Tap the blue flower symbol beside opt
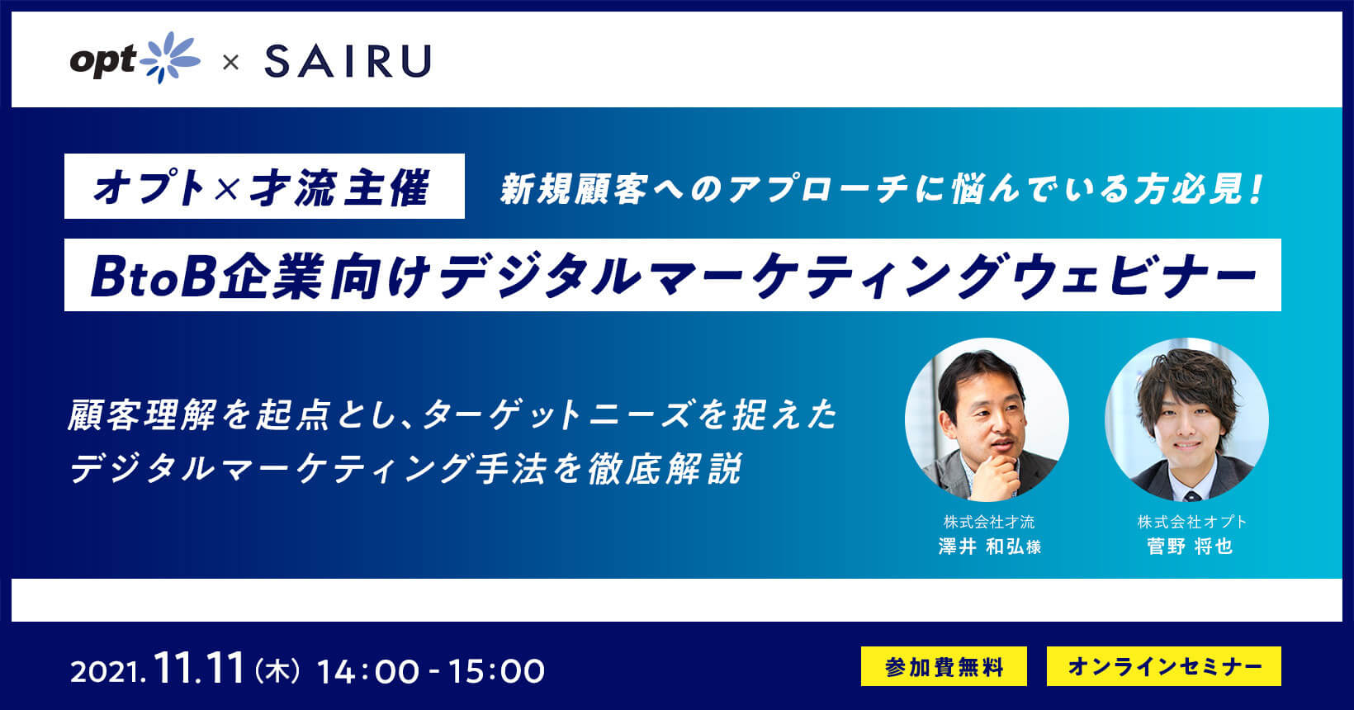coord(170,58)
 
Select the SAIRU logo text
coord(348,61)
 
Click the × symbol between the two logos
coord(230,62)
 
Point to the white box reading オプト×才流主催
coord(264,186)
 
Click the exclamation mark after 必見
coord(1256,188)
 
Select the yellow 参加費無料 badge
coord(944,666)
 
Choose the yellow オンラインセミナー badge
coord(1163,666)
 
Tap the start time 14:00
coord(367,671)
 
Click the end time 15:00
coord(495,671)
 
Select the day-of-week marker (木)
coord(277,671)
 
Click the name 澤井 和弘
coord(981,547)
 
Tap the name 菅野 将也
coord(1190,547)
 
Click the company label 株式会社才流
coord(989,521)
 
